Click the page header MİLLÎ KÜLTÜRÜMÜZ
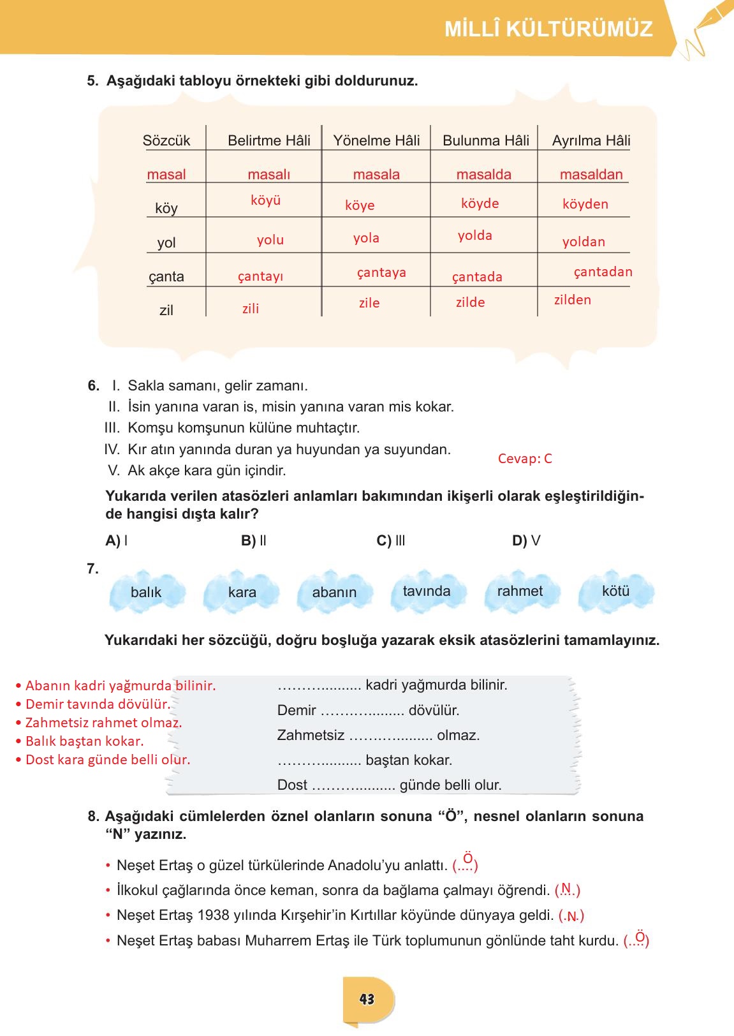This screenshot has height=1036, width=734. [548, 29]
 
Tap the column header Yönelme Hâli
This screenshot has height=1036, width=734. [376, 141]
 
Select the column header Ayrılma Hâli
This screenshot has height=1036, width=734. [591, 141]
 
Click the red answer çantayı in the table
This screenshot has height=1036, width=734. [260, 277]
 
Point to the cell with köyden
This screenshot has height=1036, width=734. [585, 204]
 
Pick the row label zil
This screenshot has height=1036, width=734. [166, 311]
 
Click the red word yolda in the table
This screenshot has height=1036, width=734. [474, 236]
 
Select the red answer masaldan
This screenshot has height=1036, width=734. [591, 175]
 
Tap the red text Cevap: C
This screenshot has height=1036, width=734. [524, 459]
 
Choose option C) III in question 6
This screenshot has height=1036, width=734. [391, 541]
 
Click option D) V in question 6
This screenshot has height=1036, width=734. [526, 541]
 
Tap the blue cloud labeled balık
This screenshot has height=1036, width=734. [147, 592]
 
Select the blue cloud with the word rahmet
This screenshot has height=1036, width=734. [520, 591]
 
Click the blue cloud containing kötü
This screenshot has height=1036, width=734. [615, 591]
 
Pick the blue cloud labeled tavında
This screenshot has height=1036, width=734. [426, 591]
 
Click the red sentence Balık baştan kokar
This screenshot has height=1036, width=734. [84, 741]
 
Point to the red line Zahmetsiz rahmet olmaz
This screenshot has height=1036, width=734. [103, 723]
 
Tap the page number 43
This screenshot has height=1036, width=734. [367, 999]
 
